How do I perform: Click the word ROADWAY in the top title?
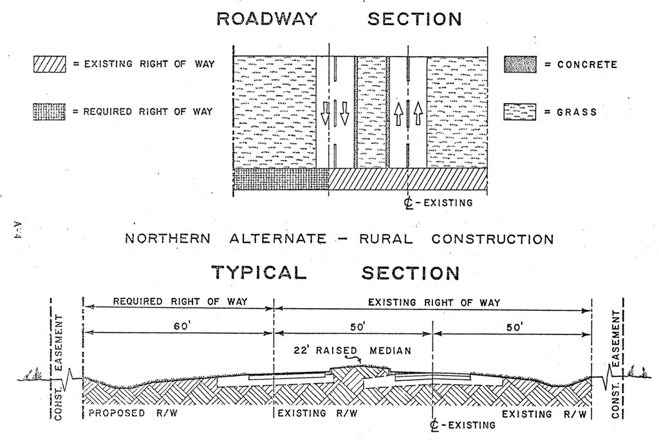pyautogui.click(x=266, y=19)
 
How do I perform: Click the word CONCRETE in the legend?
pyautogui.click(x=587, y=64)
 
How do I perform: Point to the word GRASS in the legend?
pyautogui.click(x=577, y=112)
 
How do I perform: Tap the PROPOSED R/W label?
pyautogui.click(x=126, y=414)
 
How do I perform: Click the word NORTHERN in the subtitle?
pyautogui.click(x=167, y=239)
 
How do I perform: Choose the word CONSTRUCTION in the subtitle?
pyautogui.click(x=492, y=239)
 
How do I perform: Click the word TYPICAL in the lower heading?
pyautogui.click(x=259, y=272)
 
